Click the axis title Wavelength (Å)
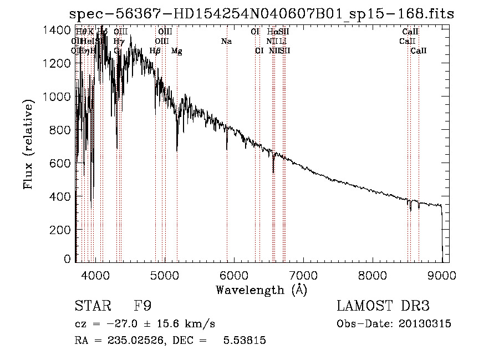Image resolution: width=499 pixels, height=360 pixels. click(x=261, y=290)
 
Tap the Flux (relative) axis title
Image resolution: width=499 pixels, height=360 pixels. click(x=28, y=141)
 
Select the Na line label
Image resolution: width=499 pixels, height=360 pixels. click(x=226, y=41)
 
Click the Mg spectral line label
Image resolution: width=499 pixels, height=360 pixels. click(x=176, y=51)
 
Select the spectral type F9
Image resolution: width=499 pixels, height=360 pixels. click(x=142, y=306)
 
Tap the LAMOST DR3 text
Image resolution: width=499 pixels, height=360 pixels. click(x=383, y=306)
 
